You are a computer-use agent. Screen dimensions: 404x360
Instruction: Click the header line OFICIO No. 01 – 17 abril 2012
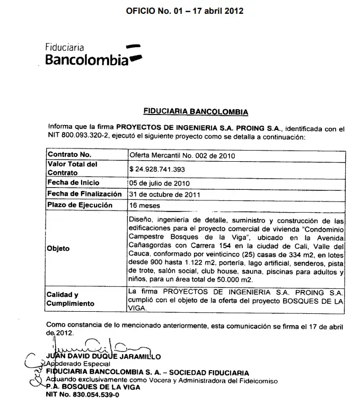[185, 11]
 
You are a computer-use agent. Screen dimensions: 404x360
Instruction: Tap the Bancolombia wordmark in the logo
[87, 59]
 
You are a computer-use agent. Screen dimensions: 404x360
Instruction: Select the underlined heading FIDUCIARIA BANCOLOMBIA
[196, 112]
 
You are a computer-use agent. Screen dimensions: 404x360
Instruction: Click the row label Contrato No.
[69, 155]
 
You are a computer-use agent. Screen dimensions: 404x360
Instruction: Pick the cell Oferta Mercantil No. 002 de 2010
[182, 155]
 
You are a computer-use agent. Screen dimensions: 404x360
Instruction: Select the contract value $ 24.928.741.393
[165, 169]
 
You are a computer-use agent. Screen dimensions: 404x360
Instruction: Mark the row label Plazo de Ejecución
[80, 205]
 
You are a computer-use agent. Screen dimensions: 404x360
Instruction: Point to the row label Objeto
[58, 248]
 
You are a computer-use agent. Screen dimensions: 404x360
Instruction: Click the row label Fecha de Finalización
[85, 194]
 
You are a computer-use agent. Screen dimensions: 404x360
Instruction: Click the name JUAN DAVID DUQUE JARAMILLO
[103, 357]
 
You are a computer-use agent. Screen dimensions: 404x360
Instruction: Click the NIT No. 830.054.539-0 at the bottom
[82, 395]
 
